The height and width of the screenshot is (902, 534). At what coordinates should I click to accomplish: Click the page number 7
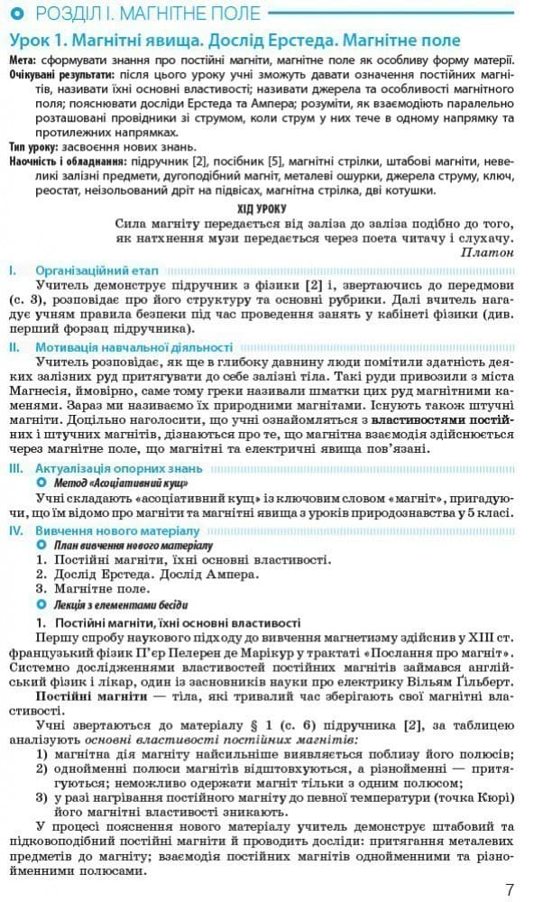[511, 888]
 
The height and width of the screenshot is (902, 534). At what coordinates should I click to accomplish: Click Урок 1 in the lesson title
[37, 41]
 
